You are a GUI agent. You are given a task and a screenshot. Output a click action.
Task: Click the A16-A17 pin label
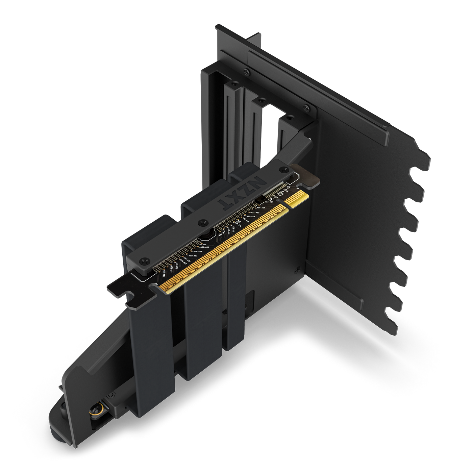pyautogui.click(x=260, y=207)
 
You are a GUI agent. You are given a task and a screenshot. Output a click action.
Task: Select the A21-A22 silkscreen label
pyautogui.click(x=255, y=213)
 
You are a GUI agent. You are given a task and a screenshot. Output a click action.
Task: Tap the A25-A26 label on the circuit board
pyautogui.click(x=250, y=216)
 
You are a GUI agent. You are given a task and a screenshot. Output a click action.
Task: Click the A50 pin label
pyautogui.click(x=203, y=244)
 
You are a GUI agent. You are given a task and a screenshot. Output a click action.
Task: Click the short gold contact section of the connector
pyautogui.click(x=296, y=198)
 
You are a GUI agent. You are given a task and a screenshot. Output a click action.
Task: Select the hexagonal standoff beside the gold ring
pyautogui.click(x=110, y=395)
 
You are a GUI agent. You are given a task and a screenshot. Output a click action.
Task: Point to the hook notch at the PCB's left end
pyautogui.click(x=128, y=298)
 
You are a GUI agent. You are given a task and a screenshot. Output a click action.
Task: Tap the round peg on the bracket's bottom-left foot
pyautogui.click(x=63, y=409)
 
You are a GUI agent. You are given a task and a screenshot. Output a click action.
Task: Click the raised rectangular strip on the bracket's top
pyautogui.click(x=318, y=95)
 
